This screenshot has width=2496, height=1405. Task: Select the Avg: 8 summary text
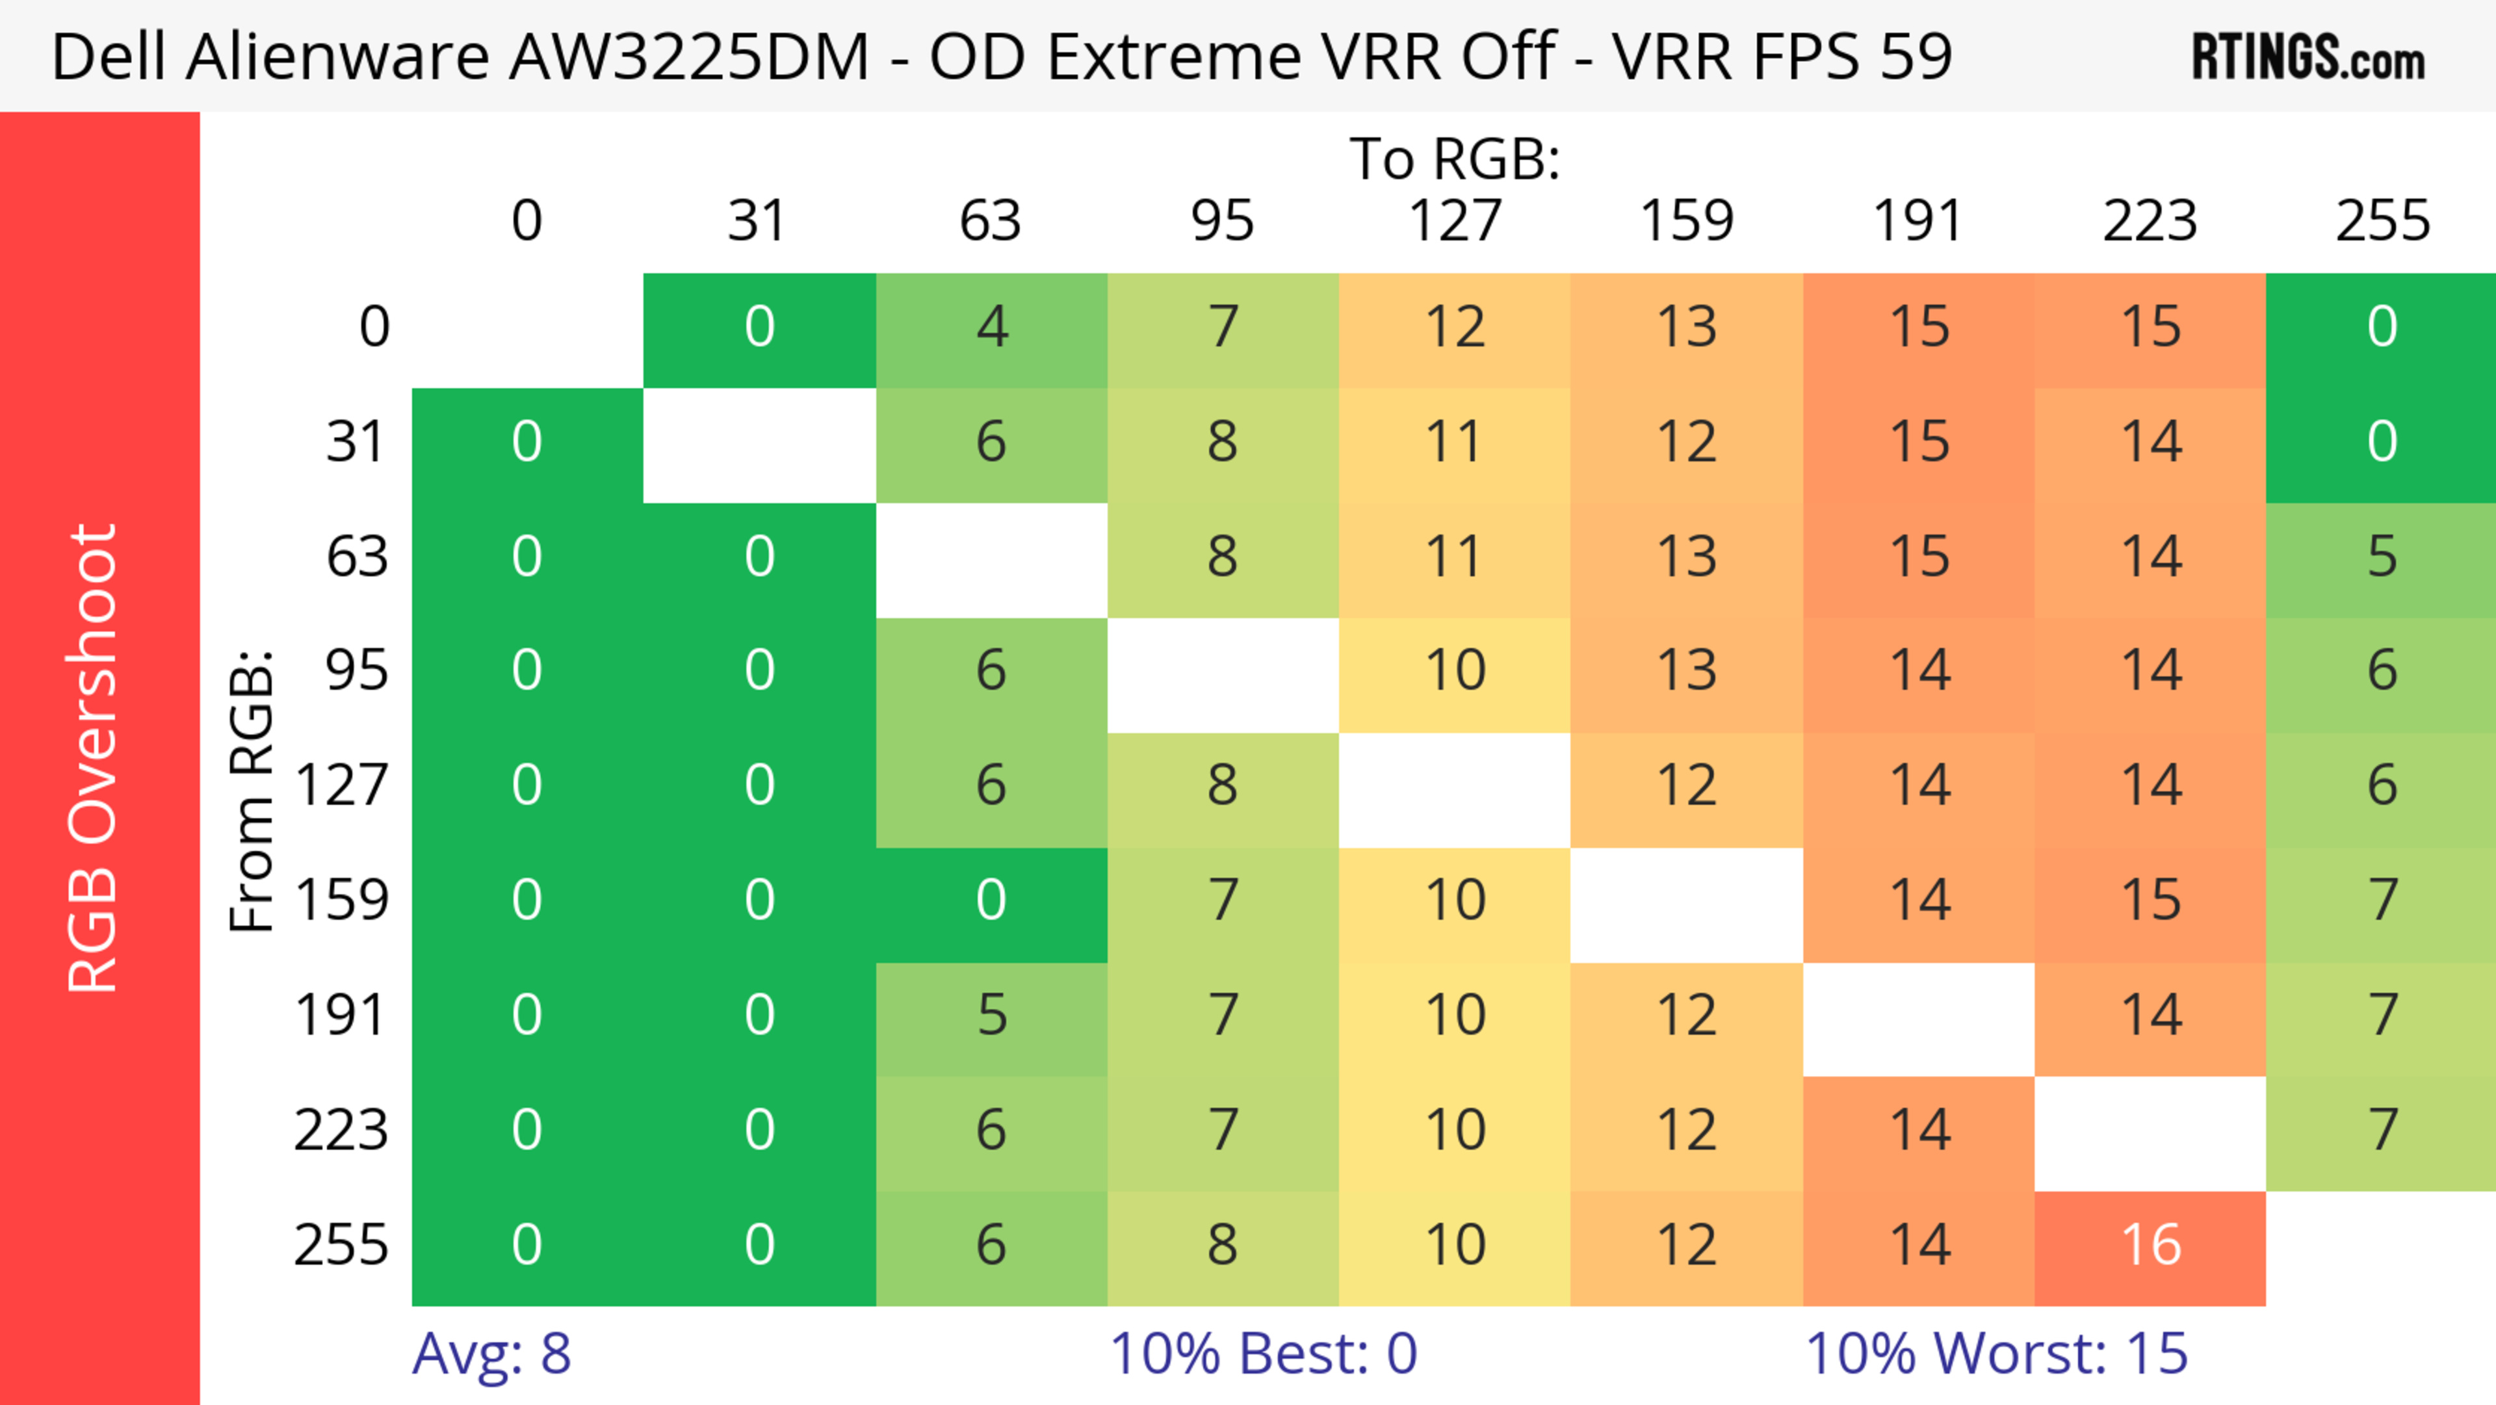(491, 1354)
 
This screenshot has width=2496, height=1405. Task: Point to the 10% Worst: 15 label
(1996, 1354)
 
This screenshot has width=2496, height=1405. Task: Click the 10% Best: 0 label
(1262, 1354)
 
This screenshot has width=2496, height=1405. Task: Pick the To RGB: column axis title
(1455, 159)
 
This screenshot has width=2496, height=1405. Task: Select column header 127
(1455, 221)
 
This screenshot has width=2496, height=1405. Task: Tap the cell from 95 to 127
(1455, 670)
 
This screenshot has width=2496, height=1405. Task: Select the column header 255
(2382, 221)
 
